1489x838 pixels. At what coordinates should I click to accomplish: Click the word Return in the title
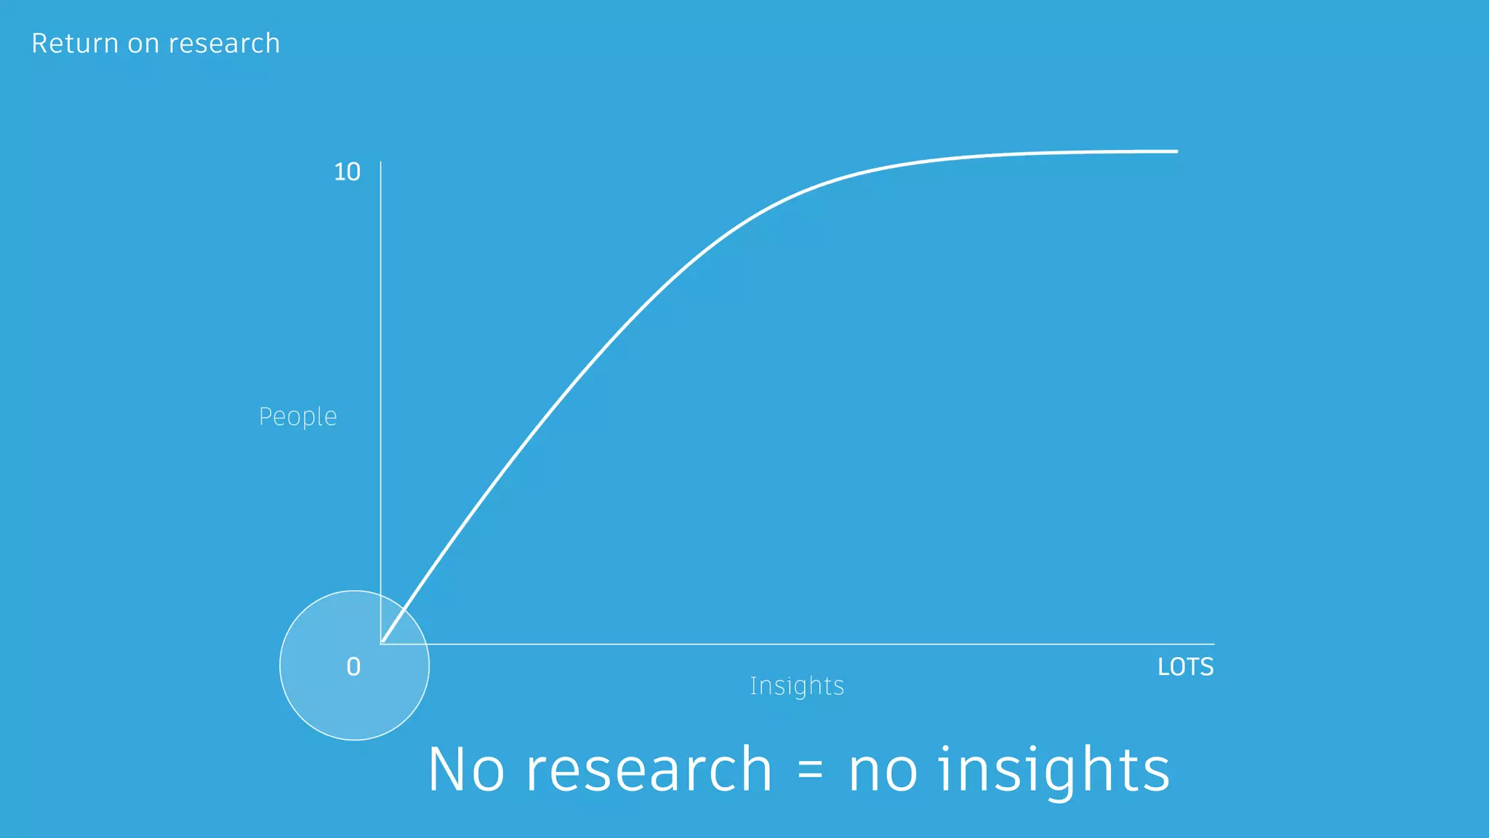coord(74,44)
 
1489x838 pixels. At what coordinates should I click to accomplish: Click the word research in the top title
coord(224,44)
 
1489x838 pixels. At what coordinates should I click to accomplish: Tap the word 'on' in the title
coord(143,44)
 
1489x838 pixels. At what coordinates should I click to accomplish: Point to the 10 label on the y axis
coord(347,172)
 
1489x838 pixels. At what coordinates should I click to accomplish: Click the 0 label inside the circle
coord(353,666)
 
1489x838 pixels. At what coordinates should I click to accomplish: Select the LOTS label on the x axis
coord(1185,667)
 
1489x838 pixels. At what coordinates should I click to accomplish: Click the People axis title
coord(298,417)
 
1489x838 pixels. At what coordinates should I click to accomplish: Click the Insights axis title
coord(797,686)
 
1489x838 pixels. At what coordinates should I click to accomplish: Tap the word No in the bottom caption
coord(466,770)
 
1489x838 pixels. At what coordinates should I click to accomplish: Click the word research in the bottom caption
coord(649,770)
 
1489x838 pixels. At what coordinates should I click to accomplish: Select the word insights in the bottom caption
coord(1054,770)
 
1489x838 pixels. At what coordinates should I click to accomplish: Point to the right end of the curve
coord(1177,151)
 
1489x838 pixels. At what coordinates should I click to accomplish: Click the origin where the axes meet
coord(381,644)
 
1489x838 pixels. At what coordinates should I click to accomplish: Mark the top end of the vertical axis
coord(381,162)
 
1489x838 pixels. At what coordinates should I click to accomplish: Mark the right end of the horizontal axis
coord(1213,644)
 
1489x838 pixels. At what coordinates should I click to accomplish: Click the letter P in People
coord(265,417)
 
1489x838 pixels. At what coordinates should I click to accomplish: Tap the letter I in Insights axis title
coord(753,685)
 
